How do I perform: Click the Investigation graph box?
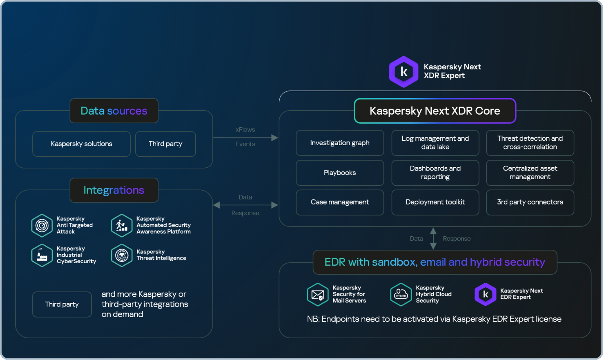(340, 143)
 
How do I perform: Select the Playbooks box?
(340, 173)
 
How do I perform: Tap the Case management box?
(340, 202)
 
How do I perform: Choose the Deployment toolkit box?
(435, 202)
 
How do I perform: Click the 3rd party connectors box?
(530, 202)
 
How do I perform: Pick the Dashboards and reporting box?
(435, 173)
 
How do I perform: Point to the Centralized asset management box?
(530, 173)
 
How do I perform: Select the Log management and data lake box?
(435, 143)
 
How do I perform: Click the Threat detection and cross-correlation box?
(530, 143)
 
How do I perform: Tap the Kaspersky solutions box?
(81, 144)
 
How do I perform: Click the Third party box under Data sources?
(165, 144)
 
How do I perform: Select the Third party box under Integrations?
(62, 304)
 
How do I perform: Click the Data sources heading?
(114, 111)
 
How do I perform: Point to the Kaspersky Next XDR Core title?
(435, 111)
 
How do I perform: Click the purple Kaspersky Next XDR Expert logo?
(403, 72)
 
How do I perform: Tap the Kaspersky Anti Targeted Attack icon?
(42, 225)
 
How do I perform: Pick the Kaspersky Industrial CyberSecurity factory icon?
(42, 255)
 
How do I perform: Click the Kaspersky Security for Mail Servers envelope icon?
(318, 295)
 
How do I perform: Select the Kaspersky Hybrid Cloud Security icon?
(401, 295)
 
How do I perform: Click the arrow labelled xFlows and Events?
(245, 138)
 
